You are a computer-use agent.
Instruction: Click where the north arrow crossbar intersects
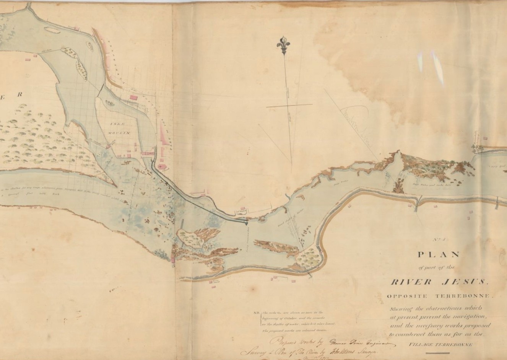288,105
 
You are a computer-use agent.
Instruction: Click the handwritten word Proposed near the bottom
283,342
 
